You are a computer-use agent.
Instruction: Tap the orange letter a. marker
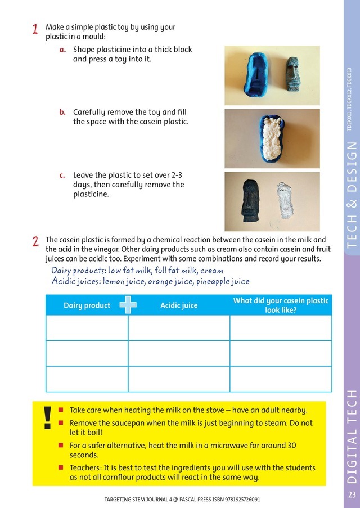coord(63,50)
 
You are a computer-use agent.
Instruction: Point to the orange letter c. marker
coord(63,176)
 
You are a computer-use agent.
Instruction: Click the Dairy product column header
coord(87,305)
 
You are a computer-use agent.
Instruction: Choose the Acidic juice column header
coord(179,305)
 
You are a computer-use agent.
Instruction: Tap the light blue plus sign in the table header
coord(128,304)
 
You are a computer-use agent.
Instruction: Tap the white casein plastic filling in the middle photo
coord(271,138)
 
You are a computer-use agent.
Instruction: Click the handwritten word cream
coord(211,271)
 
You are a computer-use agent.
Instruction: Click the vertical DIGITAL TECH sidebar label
coord(352,436)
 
